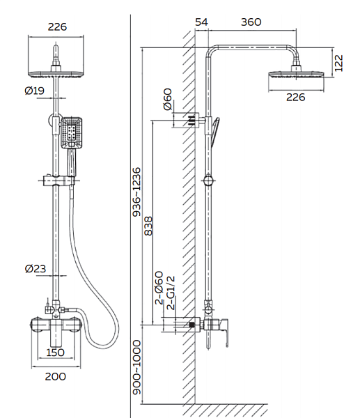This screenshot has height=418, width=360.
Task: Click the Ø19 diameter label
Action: tap(34, 91)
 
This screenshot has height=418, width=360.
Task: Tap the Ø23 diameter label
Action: tap(36, 268)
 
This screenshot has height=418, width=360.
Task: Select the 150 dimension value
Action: tap(55, 353)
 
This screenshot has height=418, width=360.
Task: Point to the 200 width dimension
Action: tap(55, 376)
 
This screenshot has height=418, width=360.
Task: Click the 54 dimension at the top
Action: tap(201, 22)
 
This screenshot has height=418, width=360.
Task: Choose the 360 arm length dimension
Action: tap(251, 22)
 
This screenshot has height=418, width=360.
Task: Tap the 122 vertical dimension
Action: tap(338, 63)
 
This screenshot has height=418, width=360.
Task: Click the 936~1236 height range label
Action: tap(136, 192)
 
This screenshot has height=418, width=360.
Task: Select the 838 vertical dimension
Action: tap(148, 226)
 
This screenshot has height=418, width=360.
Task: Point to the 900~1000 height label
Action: tap(136, 367)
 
